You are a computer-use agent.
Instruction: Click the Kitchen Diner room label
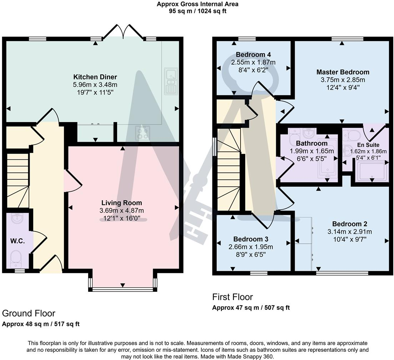(x=95, y=77)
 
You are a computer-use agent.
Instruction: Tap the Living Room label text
(x=122, y=203)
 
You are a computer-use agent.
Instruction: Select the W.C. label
(x=17, y=241)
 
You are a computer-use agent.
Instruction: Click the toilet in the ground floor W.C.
(x=16, y=258)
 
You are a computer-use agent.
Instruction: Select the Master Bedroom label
(x=343, y=72)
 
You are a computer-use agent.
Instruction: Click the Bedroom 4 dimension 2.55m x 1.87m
(x=253, y=62)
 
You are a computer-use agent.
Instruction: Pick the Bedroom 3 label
(x=251, y=239)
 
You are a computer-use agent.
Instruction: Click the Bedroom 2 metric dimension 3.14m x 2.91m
(x=349, y=231)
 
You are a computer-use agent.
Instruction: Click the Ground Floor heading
(x=29, y=313)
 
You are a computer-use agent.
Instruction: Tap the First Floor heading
(x=232, y=297)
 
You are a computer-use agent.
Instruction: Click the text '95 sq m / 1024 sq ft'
(x=197, y=11)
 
